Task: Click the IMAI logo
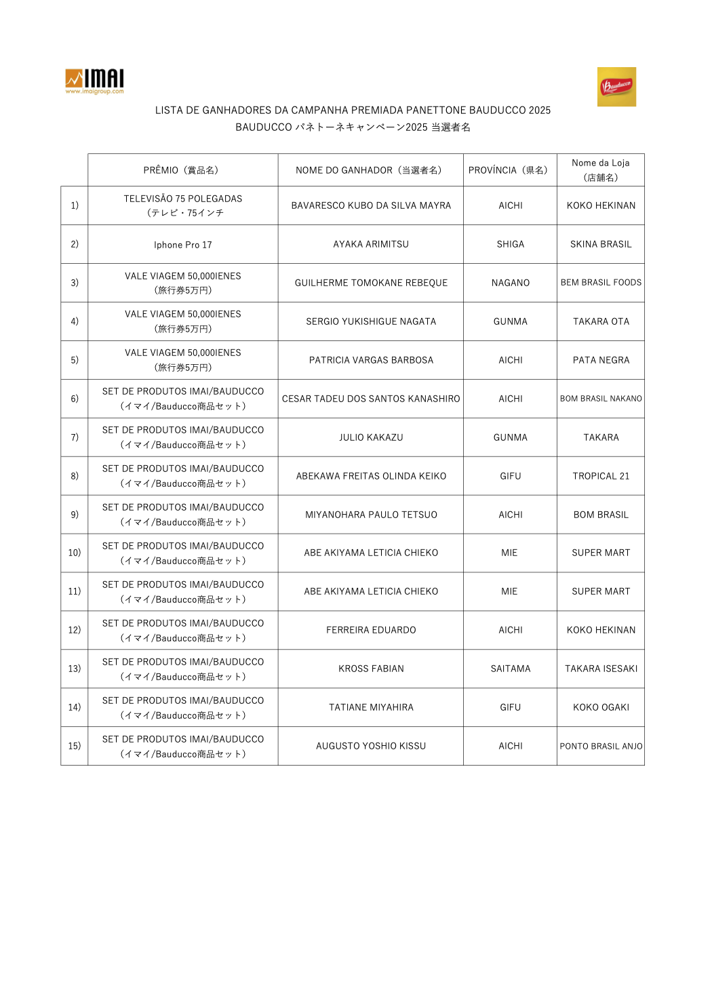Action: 94,81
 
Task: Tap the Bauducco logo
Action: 616,87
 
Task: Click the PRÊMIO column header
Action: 182,170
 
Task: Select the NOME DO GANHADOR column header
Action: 370,170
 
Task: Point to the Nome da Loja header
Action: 600,170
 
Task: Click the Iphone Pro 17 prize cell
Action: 182,245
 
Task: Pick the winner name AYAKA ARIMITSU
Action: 371,244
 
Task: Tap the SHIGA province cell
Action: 510,244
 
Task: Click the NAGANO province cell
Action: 510,283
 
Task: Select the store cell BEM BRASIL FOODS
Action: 601,283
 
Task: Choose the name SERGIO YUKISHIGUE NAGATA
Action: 371,321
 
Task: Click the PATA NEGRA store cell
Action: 601,360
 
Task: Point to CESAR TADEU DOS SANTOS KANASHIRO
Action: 371,399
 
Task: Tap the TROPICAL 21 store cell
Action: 601,476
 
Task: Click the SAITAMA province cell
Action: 510,669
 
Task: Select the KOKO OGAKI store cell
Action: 601,707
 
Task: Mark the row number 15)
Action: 75,746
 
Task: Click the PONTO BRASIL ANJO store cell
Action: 601,746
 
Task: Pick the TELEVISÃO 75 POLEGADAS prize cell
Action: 182,205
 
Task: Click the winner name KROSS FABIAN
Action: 371,669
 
